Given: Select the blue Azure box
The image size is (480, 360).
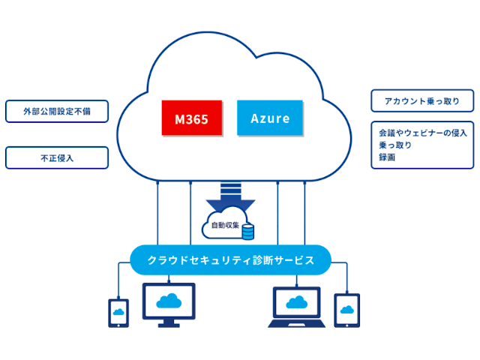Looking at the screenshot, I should click(x=270, y=118).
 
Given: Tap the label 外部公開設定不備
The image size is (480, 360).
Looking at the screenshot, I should click(x=56, y=111).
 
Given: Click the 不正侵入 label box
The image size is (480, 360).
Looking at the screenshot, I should click(x=56, y=157).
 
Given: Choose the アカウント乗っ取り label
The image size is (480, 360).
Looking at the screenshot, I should click(x=422, y=101).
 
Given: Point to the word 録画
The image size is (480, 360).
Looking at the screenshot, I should click(x=387, y=157).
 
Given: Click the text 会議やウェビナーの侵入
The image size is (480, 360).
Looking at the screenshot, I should click(x=423, y=133).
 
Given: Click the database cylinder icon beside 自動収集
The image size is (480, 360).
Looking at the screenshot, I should click(x=247, y=229).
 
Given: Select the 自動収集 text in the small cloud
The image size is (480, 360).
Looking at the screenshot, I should click(x=224, y=224).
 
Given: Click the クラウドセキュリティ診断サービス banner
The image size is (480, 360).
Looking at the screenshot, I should click(x=229, y=260).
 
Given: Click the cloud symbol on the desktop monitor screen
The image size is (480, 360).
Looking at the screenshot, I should click(x=169, y=301).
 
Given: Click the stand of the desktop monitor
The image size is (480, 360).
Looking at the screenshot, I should click(x=169, y=323).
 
